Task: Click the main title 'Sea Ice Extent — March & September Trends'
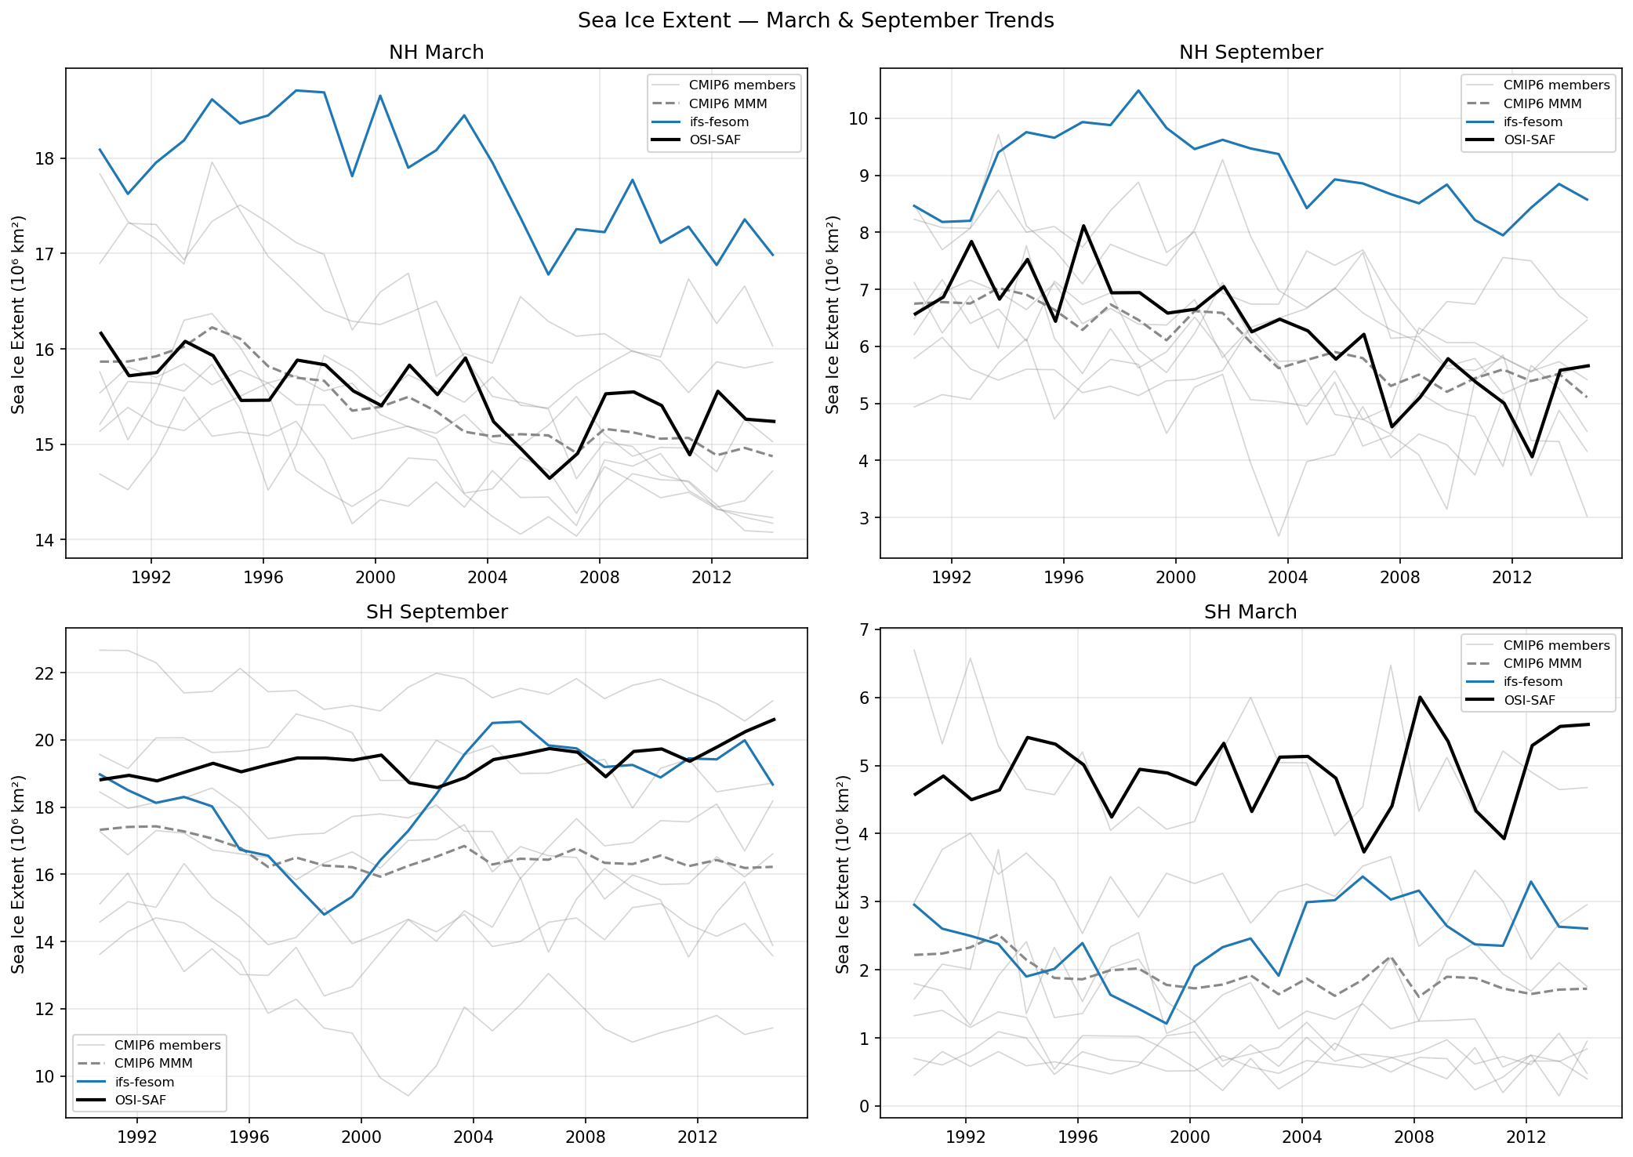point(815,20)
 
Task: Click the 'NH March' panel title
point(436,53)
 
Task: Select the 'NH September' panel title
point(1250,53)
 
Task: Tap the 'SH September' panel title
point(436,612)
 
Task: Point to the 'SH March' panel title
point(1250,612)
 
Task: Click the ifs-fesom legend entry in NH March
point(718,122)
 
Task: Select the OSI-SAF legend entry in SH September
point(140,1101)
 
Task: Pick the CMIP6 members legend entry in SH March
point(1555,646)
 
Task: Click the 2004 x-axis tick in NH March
point(487,578)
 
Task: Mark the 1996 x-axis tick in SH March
point(1077,1137)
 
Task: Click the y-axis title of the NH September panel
point(833,314)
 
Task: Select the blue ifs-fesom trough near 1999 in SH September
point(324,914)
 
